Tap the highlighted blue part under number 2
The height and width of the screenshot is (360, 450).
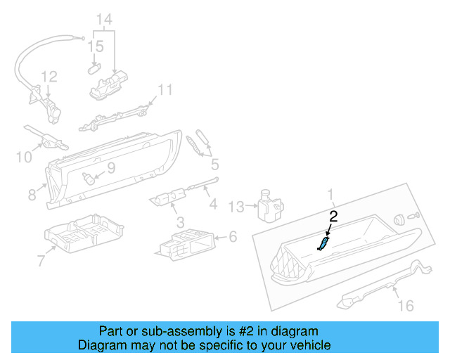323,243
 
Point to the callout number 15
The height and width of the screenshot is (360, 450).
96,46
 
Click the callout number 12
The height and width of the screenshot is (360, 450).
48,76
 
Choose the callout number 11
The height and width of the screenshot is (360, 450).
164,90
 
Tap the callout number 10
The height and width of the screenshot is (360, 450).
24,157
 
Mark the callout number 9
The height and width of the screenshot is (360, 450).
111,169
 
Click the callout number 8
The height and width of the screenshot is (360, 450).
32,193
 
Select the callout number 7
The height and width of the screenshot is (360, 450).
41,261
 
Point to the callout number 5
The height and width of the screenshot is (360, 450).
214,165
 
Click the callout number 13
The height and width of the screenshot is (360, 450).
236,206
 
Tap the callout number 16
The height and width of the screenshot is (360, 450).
406,305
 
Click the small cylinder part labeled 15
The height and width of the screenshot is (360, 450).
94,68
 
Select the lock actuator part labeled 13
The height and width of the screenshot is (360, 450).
269,203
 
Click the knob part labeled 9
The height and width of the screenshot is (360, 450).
89,176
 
